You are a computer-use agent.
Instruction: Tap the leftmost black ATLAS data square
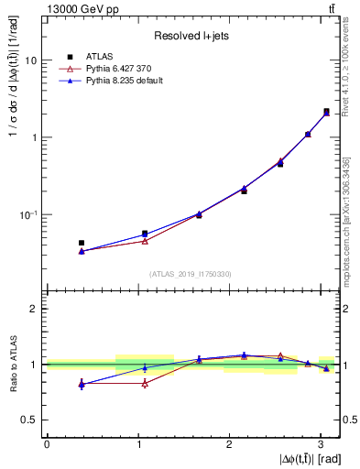point(82,243)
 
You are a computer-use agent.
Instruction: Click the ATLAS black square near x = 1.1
point(145,234)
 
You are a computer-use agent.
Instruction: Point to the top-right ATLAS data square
point(326,112)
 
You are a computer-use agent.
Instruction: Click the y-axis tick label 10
point(32,60)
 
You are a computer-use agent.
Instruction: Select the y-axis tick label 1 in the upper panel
point(36,137)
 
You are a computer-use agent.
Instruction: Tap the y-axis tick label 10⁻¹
point(30,214)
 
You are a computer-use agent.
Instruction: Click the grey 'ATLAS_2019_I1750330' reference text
point(191,274)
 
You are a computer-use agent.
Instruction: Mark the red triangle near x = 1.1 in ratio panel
point(145,383)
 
